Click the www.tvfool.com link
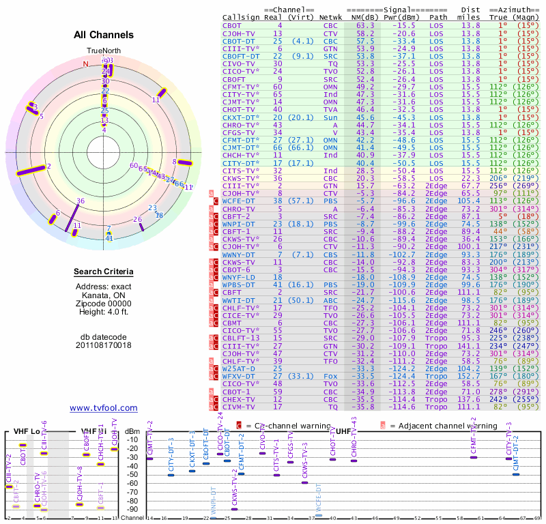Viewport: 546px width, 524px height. [104, 408]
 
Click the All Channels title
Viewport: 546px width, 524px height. [103, 34]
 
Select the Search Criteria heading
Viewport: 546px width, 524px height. [104, 272]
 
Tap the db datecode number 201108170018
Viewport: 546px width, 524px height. [104, 345]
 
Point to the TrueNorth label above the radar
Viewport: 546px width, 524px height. [103, 51]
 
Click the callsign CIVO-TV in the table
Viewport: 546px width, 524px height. [239, 63]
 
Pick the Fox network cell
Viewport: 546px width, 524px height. [330, 376]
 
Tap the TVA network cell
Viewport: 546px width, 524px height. [330, 109]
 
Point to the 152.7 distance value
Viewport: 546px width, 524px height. [469, 376]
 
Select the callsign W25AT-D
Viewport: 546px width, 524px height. [239, 368]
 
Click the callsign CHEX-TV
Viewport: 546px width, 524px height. [239, 399]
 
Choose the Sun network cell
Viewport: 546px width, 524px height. [330, 117]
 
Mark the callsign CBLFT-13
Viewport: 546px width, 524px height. [242, 338]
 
